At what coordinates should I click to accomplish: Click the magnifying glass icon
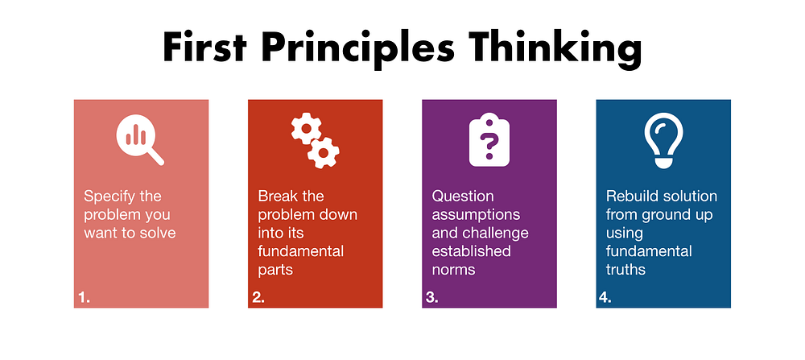click(x=140, y=139)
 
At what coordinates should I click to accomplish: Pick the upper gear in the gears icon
click(x=307, y=128)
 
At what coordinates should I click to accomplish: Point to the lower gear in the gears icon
click(x=324, y=152)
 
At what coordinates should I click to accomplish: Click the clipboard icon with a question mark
click(x=489, y=139)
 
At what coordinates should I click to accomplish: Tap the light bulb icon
click(x=663, y=140)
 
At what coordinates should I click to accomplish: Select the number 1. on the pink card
click(x=85, y=297)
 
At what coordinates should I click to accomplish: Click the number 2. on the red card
click(x=258, y=297)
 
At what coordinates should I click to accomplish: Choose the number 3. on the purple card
click(x=432, y=297)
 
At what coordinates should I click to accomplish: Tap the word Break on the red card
click(x=279, y=197)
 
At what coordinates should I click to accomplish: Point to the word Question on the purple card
click(x=463, y=197)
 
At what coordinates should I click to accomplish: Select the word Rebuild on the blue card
click(x=633, y=197)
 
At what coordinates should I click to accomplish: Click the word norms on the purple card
click(x=452, y=271)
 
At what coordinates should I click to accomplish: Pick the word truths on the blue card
click(x=625, y=270)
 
